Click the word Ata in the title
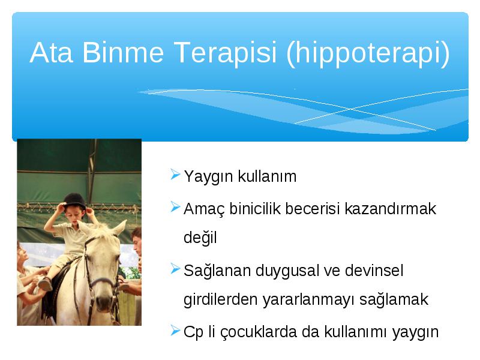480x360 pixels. coord(52,52)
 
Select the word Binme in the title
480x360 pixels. coord(123,52)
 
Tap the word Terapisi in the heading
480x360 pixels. coord(225,52)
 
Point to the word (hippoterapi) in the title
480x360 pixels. coord(368,53)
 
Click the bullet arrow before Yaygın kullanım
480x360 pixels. coord(175,175)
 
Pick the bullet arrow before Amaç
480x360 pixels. coord(175,207)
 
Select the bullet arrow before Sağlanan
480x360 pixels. coord(175,268)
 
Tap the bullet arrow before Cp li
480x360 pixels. coord(175,331)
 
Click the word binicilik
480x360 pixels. coord(254,209)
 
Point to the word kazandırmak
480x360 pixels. coord(391,209)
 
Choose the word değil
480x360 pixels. coord(200,238)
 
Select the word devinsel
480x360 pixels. coord(374,271)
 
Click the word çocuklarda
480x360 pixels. coord(259,332)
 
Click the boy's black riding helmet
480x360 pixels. coord(74,200)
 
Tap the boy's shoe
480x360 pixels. coord(44,284)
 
